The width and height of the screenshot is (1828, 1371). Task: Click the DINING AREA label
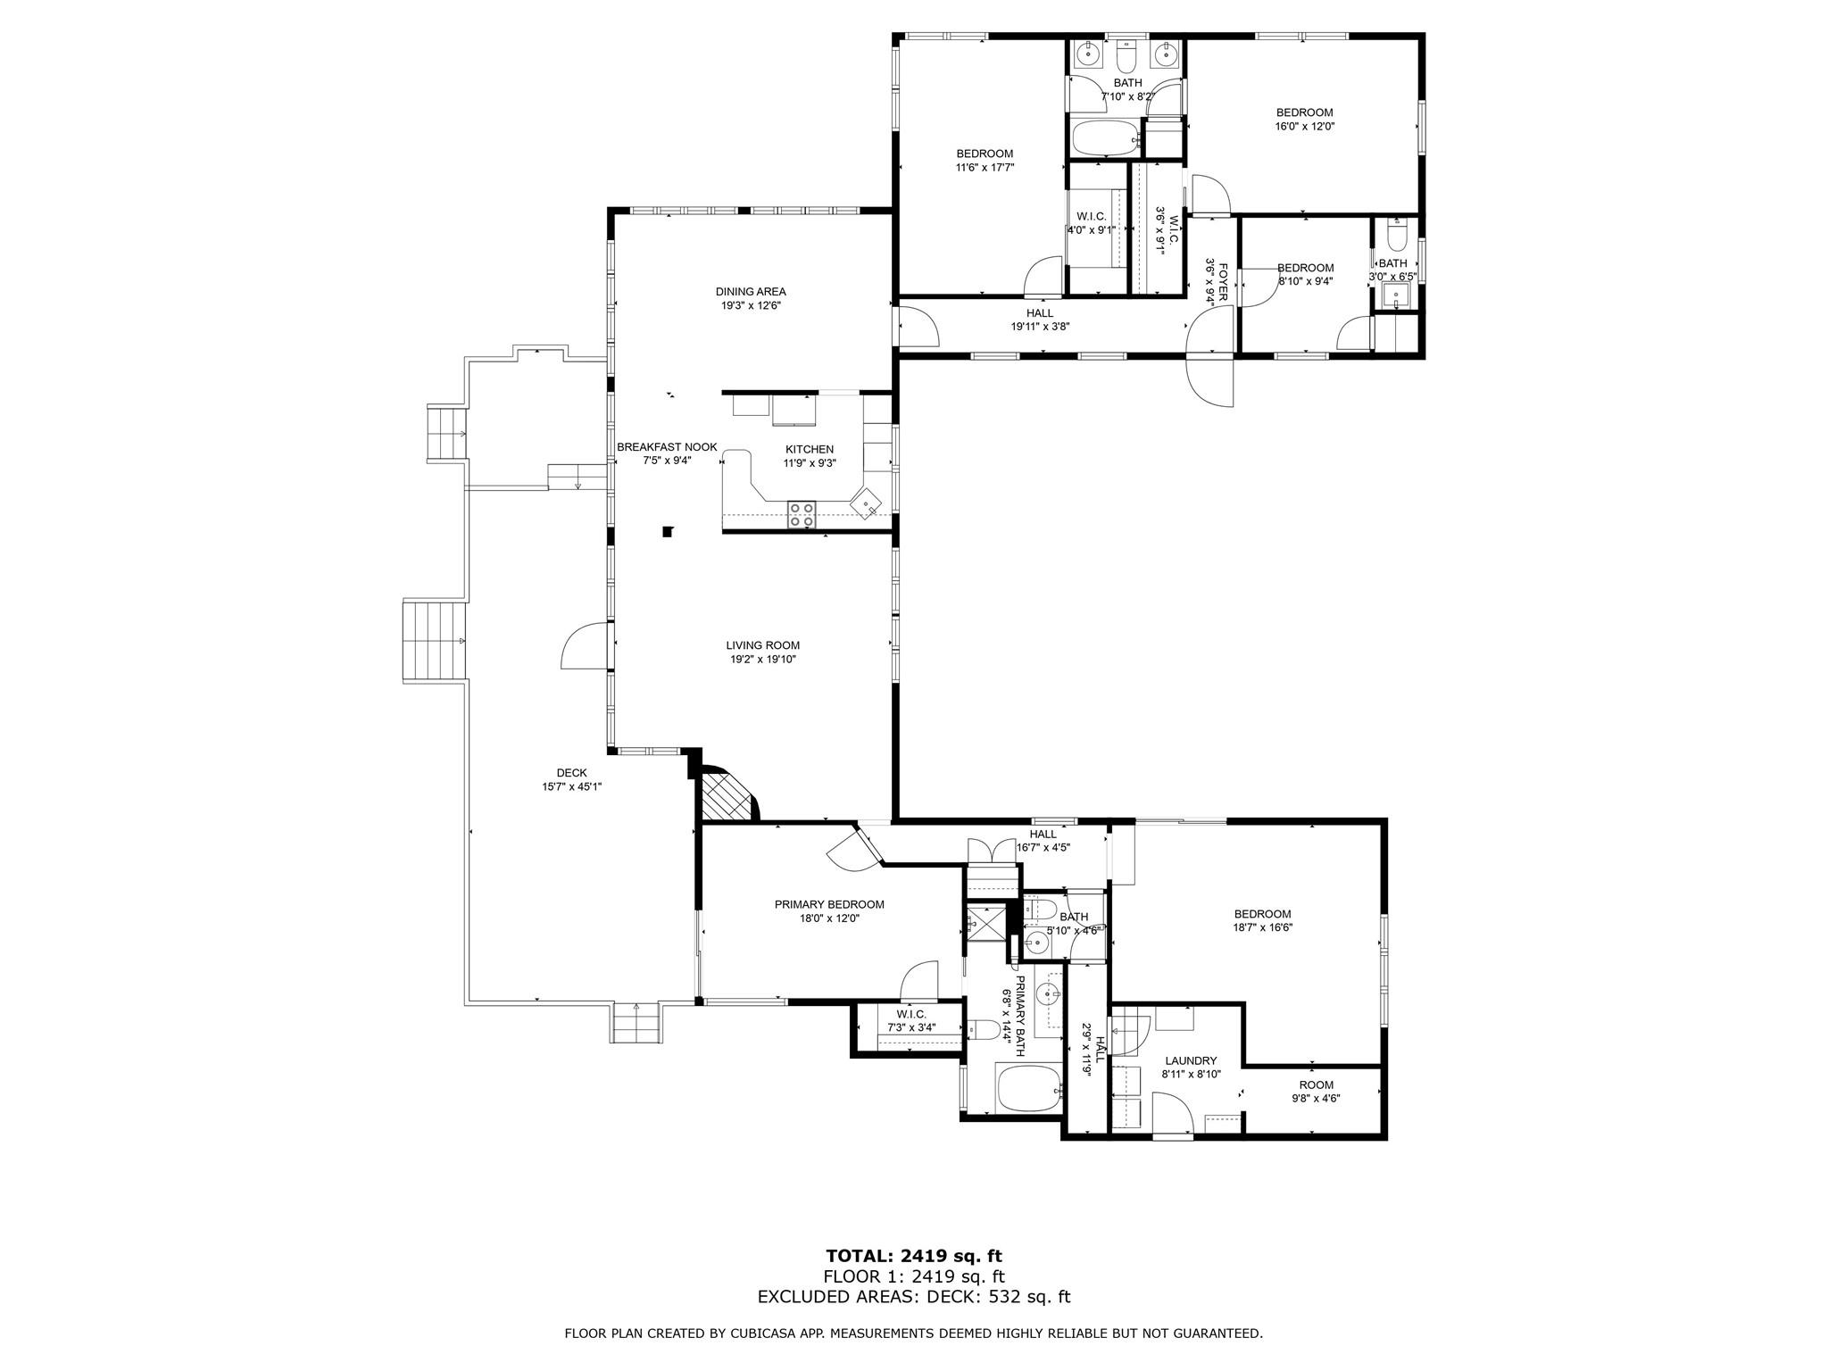tap(751, 292)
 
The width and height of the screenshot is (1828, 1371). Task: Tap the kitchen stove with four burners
tap(801, 515)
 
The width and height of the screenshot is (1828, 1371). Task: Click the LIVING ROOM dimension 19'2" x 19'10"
tap(762, 660)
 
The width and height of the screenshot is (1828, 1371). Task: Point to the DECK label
tap(571, 773)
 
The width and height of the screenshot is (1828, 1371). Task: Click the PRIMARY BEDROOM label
tap(829, 904)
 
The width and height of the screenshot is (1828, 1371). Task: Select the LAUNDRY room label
tap(1191, 1060)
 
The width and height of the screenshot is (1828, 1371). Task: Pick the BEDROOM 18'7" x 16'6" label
tap(1262, 914)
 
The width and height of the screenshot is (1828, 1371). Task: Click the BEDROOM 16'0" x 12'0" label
tap(1304, 112)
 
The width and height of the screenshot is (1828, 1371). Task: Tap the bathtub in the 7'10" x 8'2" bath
tap(1105, 139)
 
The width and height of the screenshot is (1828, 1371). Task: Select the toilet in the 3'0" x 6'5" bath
tap(1397, 237)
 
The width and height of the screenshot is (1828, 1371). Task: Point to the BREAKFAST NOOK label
tap(667, 447)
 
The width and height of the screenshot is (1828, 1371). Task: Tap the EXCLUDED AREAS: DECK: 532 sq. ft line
tap(914, 1296)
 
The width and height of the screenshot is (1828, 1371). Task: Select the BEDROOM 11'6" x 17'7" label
tap(985, 154)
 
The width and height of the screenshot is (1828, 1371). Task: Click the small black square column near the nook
tap(667, 532)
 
